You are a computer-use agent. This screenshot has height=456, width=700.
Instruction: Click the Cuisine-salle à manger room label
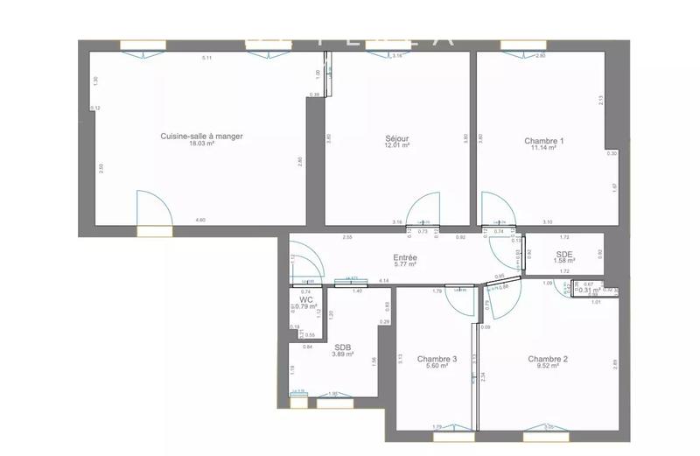point(201,136)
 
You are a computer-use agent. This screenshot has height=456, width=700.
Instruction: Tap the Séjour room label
point(397,139)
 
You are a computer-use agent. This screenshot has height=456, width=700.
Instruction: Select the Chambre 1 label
point(543,141)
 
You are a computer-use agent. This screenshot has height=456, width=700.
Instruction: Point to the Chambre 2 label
point(548,359)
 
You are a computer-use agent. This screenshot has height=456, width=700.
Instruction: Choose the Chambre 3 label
point(437,359)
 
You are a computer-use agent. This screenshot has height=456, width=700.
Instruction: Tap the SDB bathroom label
point(342,346)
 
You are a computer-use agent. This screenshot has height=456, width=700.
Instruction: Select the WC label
point(306,298)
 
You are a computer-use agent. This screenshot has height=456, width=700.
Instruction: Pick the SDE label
point(564,253)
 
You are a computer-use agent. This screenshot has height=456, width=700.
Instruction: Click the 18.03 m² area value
point(201,144)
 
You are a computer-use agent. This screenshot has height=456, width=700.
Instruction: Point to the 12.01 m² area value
point(397,147)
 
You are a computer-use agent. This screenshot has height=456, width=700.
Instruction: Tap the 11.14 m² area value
point(543,149)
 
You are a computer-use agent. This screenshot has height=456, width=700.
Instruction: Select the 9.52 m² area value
point(548,367)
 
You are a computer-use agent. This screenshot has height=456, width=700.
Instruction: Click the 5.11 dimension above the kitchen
point(207,58)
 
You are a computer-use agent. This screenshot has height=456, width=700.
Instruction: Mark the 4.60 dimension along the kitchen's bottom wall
point(200,221)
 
